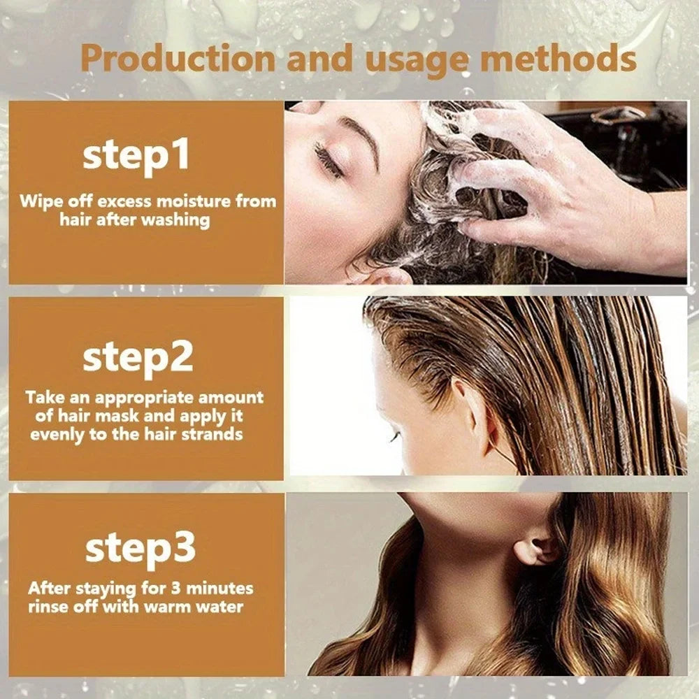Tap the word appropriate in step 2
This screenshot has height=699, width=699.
[145, 398]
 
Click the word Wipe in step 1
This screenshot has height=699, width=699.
[39, 202]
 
